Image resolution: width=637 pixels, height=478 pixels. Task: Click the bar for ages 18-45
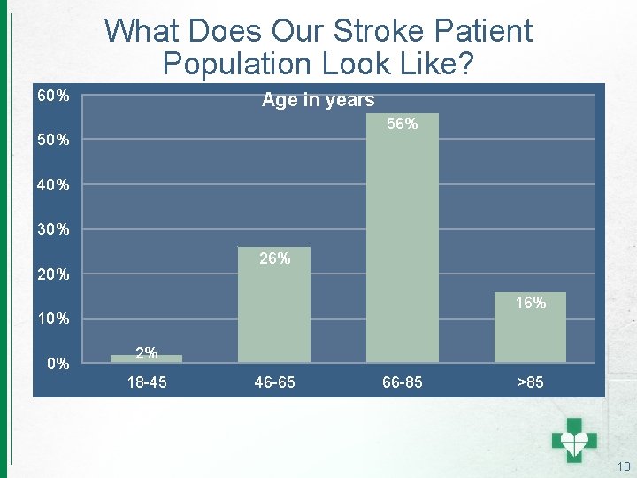[146, 358]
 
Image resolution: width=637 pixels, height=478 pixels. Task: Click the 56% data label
[403, 125]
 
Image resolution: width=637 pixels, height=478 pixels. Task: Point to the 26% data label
[274, 258]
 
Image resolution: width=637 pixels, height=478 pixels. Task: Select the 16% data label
[530, 303]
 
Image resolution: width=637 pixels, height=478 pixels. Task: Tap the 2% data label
[147, 353]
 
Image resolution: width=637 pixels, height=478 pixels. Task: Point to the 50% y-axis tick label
[53, 141]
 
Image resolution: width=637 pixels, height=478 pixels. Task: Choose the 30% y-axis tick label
[53, 230]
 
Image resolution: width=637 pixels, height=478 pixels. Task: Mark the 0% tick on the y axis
[58, 364]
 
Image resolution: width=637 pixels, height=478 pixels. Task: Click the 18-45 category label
[147, 382]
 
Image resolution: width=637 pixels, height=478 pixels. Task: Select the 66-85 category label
[403, 382]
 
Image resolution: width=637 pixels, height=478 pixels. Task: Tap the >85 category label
[531, 382]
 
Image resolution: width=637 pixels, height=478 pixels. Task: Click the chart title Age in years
[318, 100]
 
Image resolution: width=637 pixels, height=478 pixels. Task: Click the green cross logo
[574, 439]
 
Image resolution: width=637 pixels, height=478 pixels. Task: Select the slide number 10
[623, 466]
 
